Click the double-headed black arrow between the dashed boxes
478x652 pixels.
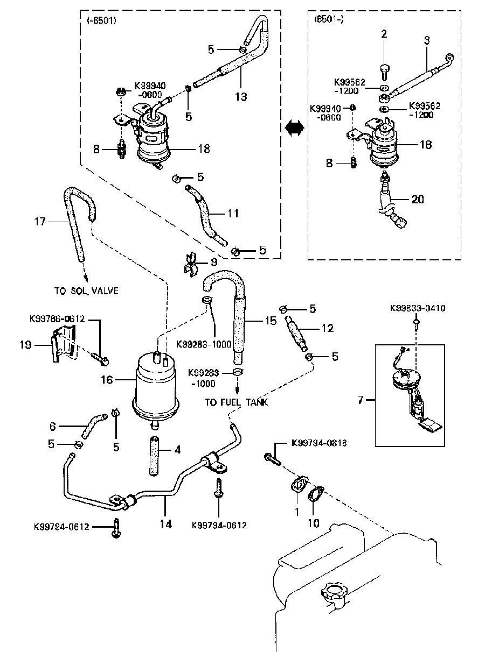click(294, 127)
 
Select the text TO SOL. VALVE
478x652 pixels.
click(86, 291)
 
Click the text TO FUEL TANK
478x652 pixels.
click(236, 402)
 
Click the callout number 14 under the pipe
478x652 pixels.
click(166, 523)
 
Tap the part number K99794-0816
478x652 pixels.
click(319, 443)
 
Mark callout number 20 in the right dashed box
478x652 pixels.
click(418, 199)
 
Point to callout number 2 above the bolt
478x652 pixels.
click(384, 34)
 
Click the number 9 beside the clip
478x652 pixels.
click(214, 263)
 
